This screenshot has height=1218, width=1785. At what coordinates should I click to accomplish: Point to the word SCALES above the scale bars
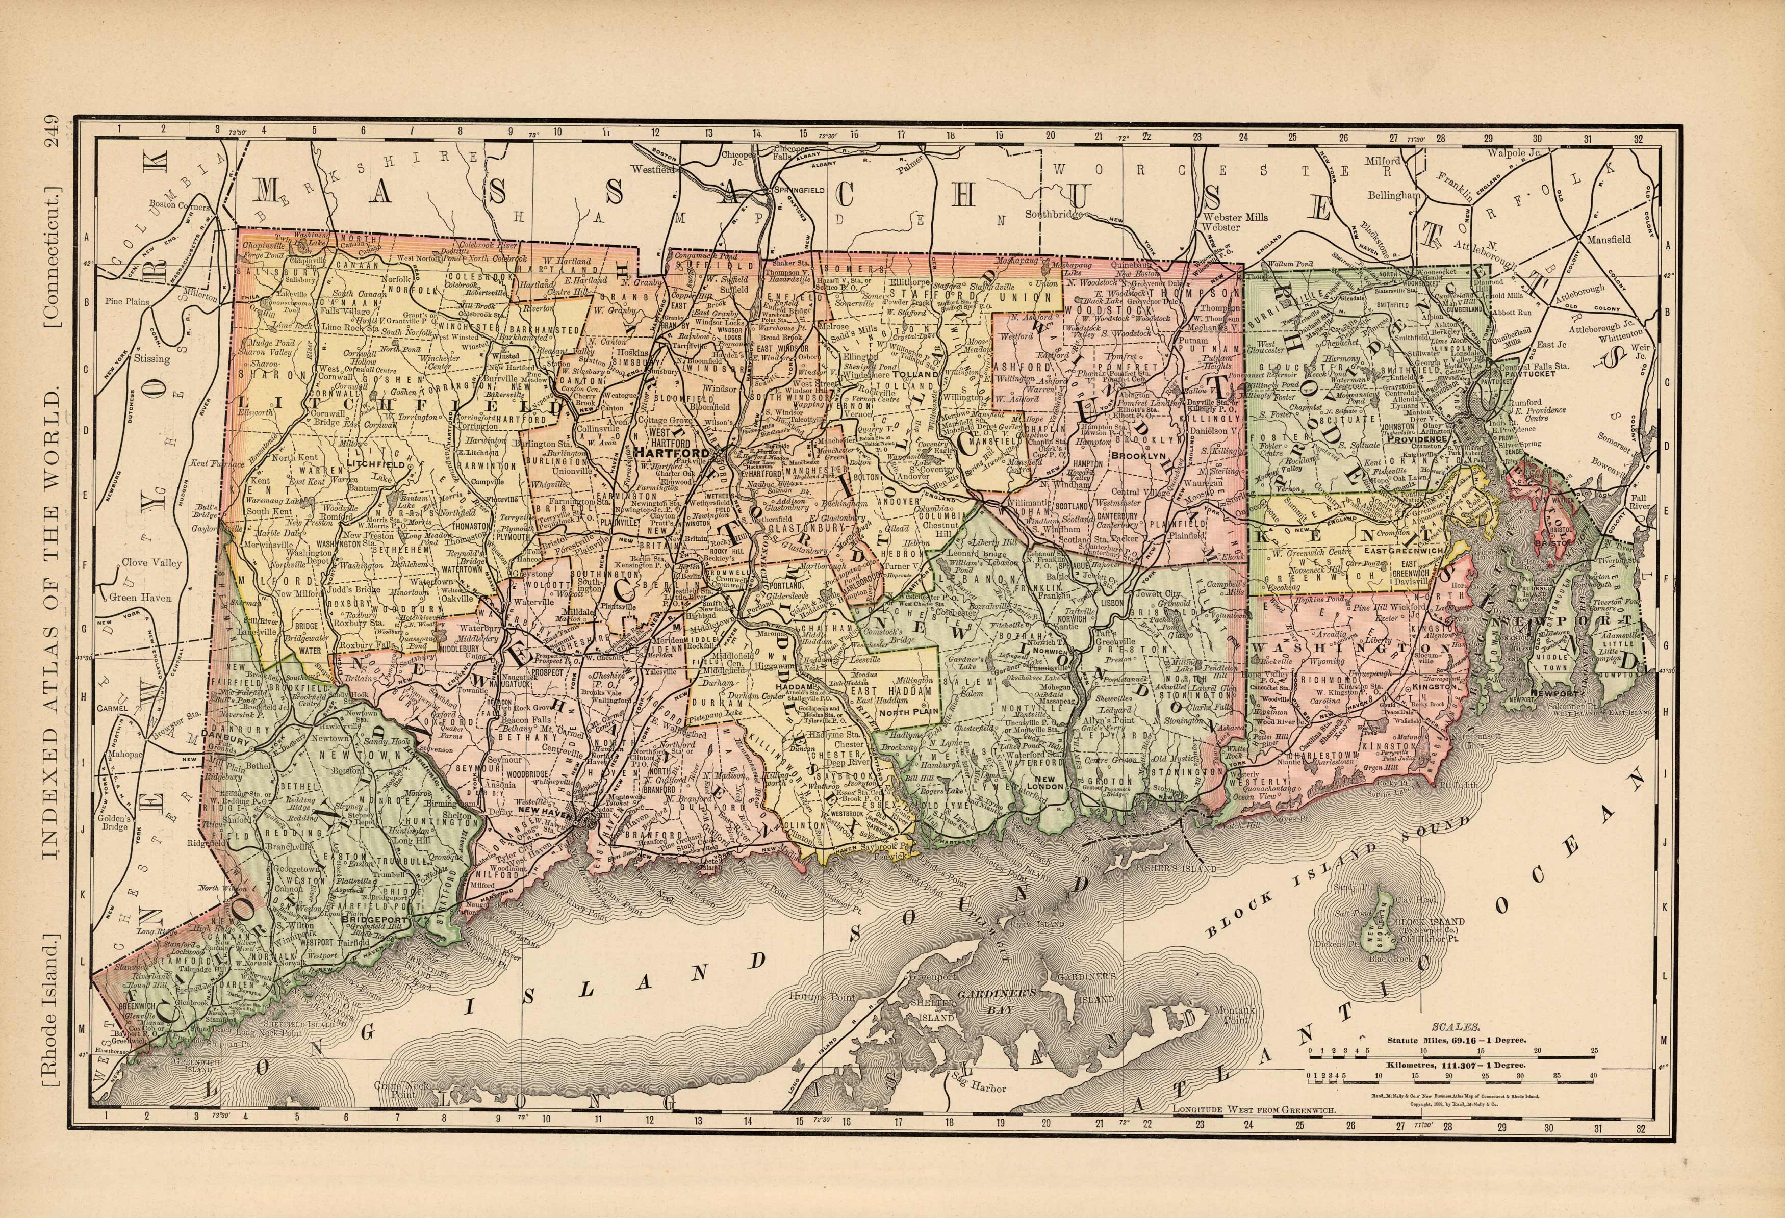click(1452, 1026)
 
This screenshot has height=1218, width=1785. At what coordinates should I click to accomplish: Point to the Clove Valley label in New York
click(152, 563)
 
